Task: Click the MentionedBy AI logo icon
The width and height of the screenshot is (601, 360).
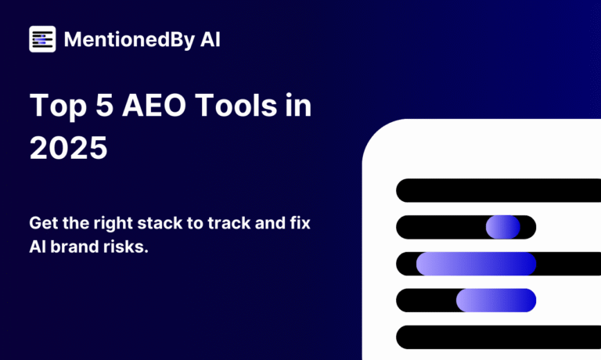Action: [42, 39]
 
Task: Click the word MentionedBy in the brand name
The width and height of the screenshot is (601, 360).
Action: [130, 40]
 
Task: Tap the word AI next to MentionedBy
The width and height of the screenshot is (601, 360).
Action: [210, 39]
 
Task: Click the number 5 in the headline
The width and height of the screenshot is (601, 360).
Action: [104, 105]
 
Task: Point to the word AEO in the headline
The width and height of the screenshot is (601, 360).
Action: [154, 105]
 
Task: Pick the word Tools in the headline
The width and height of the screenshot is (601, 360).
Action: [236, 105]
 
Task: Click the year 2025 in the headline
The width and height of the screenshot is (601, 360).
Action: [69, 148]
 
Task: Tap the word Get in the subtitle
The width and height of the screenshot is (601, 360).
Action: [44, 223]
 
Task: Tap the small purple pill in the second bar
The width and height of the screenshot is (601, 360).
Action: [503, 227]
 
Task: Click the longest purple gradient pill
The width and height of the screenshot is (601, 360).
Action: [476, 264]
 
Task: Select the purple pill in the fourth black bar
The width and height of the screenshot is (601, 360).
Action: [496, 301]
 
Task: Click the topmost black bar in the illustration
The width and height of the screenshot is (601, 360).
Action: [498, 190]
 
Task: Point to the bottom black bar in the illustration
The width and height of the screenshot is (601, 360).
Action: [498, 337]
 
